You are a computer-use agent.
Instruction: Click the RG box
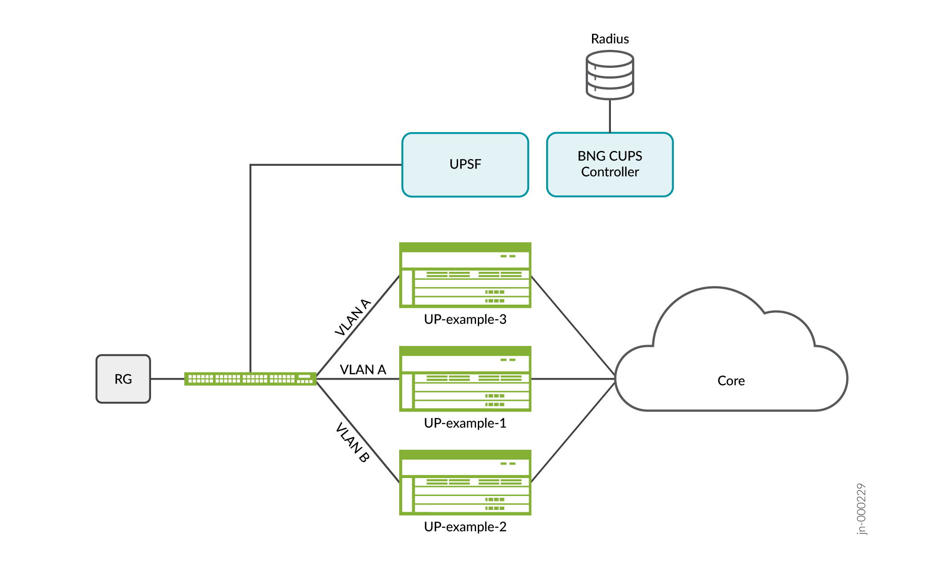point(123,379)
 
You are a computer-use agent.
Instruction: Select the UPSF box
point(465,164)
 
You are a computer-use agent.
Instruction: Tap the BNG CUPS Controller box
point(610,164)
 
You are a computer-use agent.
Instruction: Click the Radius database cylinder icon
point(610,75)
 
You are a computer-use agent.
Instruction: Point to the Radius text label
point(610,39)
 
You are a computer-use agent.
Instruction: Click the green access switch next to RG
point(250,379)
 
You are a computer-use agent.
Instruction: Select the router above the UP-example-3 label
point(465,275)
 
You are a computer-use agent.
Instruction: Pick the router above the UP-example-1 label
point(465,379)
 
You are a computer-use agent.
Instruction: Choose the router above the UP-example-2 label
point(465,483)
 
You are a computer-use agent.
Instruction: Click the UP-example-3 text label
point(465,319)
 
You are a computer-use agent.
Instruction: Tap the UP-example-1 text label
point(465,423)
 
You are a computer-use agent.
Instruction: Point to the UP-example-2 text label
point(465,527)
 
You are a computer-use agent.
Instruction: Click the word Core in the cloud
point(731,381)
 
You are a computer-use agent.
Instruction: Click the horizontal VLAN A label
point(363,370)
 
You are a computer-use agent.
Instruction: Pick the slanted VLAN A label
point(353,317)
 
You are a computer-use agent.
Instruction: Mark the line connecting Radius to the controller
point(610,116)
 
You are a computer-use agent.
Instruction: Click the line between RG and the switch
point(167,379)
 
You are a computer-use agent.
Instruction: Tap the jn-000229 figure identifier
point(861,509)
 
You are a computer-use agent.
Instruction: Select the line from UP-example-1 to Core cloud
point(573,379)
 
